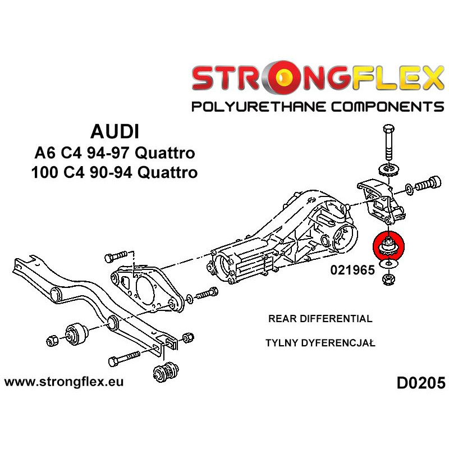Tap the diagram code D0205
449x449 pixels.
tap(420, 384)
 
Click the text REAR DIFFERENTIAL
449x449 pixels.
tap(320, 319)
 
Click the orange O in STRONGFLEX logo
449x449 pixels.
tap(278, 79)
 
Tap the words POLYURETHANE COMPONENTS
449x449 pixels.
tap(318, 106)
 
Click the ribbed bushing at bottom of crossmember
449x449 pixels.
tap(165, 371)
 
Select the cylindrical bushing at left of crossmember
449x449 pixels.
tap(76, 333)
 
